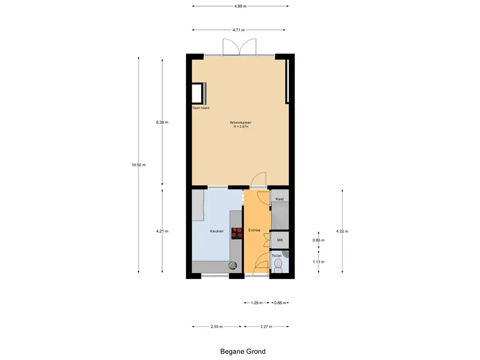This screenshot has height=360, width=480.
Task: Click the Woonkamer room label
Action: pos(240,122)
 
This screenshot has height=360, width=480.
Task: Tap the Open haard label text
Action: pos(201,108)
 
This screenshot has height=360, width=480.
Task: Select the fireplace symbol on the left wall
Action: pos(199,93)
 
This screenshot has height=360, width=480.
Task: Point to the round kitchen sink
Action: pos(233,265)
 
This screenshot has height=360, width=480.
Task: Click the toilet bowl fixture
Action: pos(278,265)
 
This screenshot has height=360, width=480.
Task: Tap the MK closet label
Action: pos(280,240)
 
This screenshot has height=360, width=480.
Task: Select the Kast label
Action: pos(280,199)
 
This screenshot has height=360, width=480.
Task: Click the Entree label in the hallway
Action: pos(255,230)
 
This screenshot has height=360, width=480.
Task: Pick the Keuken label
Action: pos(217,231)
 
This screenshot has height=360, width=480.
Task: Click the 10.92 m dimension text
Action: pos(139,165)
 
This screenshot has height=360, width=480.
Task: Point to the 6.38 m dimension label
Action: pos(162,122)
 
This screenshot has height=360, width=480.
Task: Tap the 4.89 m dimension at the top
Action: pos(240,6)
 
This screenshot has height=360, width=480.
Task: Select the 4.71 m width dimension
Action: pos(239,30)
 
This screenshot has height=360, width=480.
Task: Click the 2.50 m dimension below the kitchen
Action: pos(217,327)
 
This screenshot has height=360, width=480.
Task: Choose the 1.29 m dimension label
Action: pos(257,303)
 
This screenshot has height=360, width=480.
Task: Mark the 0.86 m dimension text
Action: pos(319,240)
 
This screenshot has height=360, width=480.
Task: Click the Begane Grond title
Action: pos(243,352)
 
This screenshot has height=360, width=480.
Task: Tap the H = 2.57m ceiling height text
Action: pos(241,127)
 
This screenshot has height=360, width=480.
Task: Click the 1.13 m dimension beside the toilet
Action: pos(319,262)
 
